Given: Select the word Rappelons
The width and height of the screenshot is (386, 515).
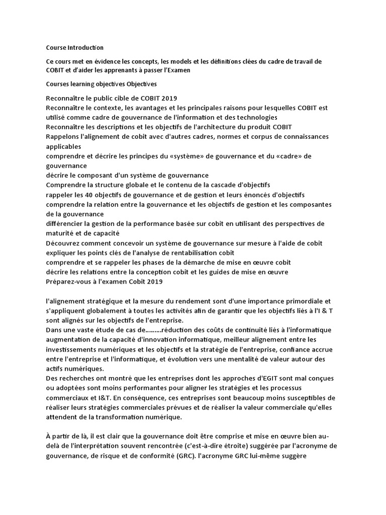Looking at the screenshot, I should [63, 137].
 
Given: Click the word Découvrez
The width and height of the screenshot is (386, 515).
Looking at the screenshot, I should [63, 243].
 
